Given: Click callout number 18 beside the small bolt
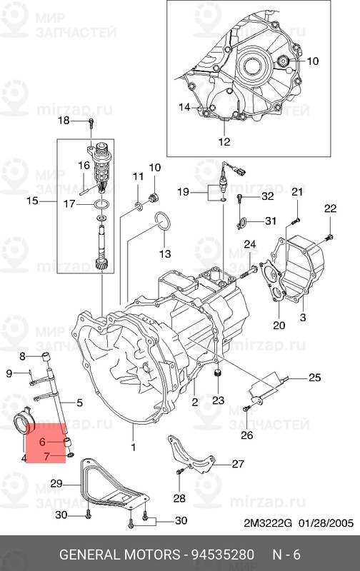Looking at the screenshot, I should pyautogui.click(x=63, y=120).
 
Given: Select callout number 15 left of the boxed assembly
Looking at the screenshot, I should pyautogui.click(x=32, y=201).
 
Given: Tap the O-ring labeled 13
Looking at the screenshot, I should pyautogui.click(x=162, y=223).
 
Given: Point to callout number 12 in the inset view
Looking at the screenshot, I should pyautogui.click(x=224, y=141).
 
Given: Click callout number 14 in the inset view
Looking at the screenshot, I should pyautogui.click(x=184, y=107).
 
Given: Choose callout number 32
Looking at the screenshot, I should pyautogui.click(x=267, y=196).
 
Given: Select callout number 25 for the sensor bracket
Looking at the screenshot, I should pyautogui.click(x=315, y=378).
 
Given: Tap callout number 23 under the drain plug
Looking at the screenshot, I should pyautogui.click(x=218, y=400).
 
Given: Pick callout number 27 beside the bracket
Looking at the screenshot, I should pyautogui.click(x=238, y=463).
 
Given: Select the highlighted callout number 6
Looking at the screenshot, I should pyautogui.click(x=43, y=443).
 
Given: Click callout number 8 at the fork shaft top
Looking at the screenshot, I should pyautogui.click(x=22, y=355).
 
